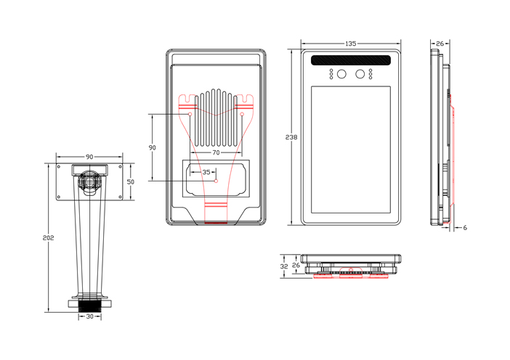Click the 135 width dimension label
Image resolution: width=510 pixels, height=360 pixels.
click(351, 44)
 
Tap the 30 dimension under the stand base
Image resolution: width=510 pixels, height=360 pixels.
click(89, 316)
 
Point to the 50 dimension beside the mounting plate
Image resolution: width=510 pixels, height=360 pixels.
click(131, 181)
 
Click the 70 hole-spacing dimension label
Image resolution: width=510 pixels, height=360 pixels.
click(216, 153)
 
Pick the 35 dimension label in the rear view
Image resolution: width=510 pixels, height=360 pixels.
click(206, 172)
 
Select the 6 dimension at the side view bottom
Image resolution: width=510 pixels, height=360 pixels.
click(465, 228)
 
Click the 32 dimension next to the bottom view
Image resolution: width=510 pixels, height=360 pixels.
click(284, 266)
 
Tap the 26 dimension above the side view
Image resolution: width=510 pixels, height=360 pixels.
click(440, 44)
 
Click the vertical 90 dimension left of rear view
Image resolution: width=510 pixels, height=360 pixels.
click(152, 147)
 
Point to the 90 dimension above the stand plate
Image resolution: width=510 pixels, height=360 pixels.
click(89, 157)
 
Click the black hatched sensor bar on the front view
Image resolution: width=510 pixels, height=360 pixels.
click(352, 60)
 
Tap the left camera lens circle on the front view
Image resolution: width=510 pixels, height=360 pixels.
click(341, 73)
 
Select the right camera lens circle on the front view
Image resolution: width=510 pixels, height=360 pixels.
click(360, 73)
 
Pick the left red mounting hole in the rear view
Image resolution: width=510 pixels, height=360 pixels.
click(190, 114)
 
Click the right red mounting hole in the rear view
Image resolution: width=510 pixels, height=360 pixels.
click(242, 114)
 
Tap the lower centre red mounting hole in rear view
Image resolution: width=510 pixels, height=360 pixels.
click(216, 180)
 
